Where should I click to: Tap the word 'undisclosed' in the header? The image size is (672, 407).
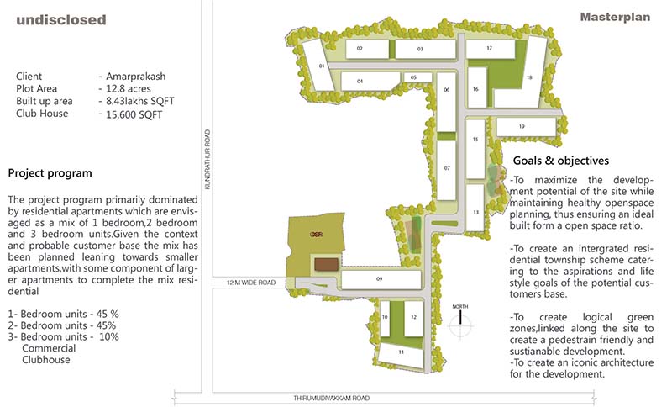tap(61, 19)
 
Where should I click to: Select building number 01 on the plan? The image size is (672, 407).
tap(322, 65)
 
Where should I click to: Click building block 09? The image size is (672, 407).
tap(380, 278)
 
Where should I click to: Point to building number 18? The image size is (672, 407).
tap(529, 77)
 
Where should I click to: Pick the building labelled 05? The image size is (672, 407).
tap(414, 77)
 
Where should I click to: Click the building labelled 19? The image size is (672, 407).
tap(522, 126)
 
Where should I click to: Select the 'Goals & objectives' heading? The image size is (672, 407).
tap(559, 161)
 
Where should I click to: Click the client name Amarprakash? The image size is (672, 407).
tap(134, 76)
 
